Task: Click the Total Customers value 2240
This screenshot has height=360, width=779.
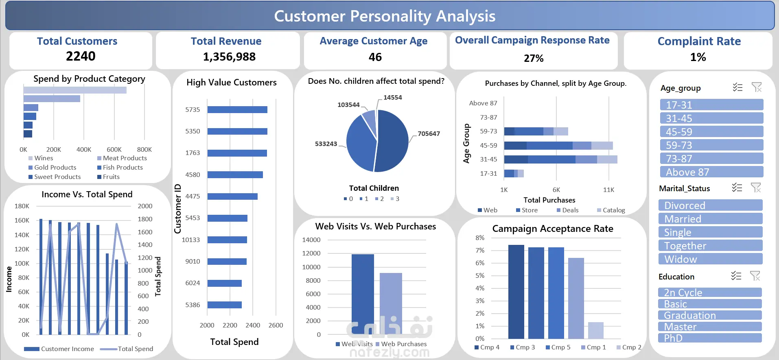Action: pyautogui.click(x=81, y=56)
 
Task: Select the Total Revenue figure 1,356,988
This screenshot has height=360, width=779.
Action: pyautogui.click(x=229, y=57)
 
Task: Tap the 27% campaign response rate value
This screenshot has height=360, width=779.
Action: pyautogui.click(x=534, y=59)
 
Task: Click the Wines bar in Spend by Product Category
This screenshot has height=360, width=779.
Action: pyautogui.click(x=75, y=90)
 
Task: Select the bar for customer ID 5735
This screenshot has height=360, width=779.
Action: pyautogui.click(x=237, y=110)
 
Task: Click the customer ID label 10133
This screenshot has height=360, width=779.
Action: pyautogui.click(x=191, y=240)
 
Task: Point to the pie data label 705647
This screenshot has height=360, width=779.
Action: pyautogui.click(x=429, y=134)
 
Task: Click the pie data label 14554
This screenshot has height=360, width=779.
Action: pyautogui.click(x=392, y=98)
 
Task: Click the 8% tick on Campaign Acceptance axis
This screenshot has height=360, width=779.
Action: pyautogui.click(x=480, y=238)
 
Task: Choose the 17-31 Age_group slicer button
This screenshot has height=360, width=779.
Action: pyautogui.click(x=711, y=105)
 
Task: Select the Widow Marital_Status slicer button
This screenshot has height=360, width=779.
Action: pyautogui.click(x=710, y=259)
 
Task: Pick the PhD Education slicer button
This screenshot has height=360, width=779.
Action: pyautogui.click(x=710, y=338)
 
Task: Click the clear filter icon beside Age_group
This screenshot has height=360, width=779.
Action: pyautogui.click(x=757, y=87)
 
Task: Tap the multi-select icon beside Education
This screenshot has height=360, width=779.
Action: pyautogui.click(x=736, y=276)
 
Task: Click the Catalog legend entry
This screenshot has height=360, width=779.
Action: pyautogui.click(x=611, y=210)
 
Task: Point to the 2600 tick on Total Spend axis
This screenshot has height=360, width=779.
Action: pyautogui.click(x=276, y=325)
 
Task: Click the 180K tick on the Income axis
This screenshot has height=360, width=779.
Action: pyautogui.click(x=22, y=206)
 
